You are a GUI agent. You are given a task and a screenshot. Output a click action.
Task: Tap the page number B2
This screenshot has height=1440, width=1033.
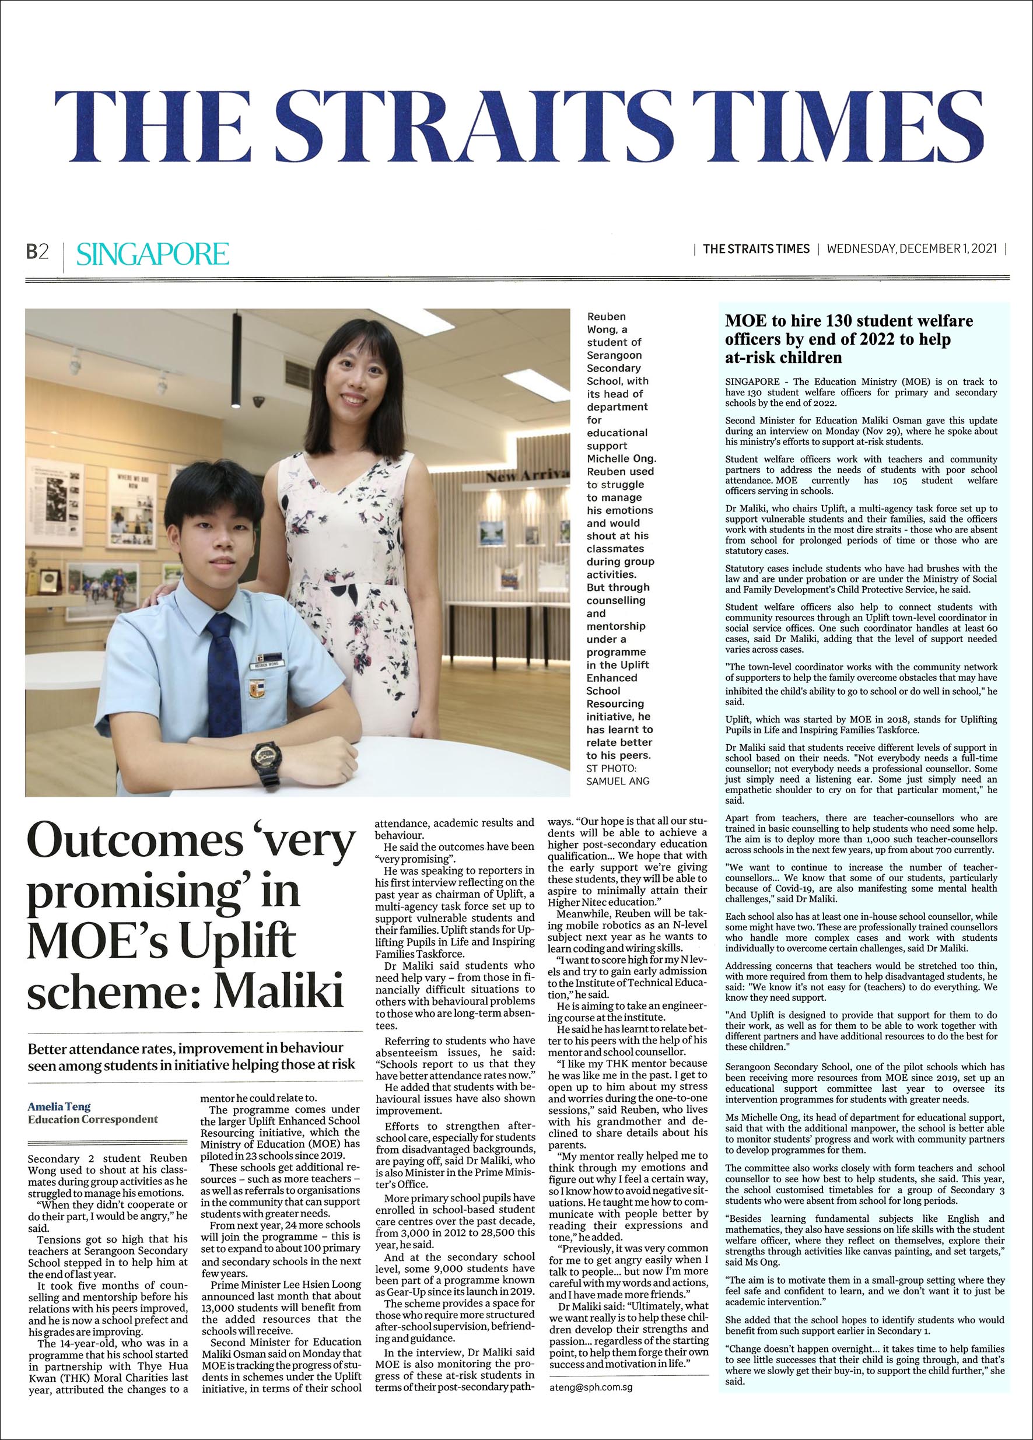coord(37,253)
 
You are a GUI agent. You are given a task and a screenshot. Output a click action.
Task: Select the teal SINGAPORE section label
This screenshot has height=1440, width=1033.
coord(152,254)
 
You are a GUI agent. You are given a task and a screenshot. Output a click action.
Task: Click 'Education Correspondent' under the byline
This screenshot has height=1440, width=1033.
coord(93,1119)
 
